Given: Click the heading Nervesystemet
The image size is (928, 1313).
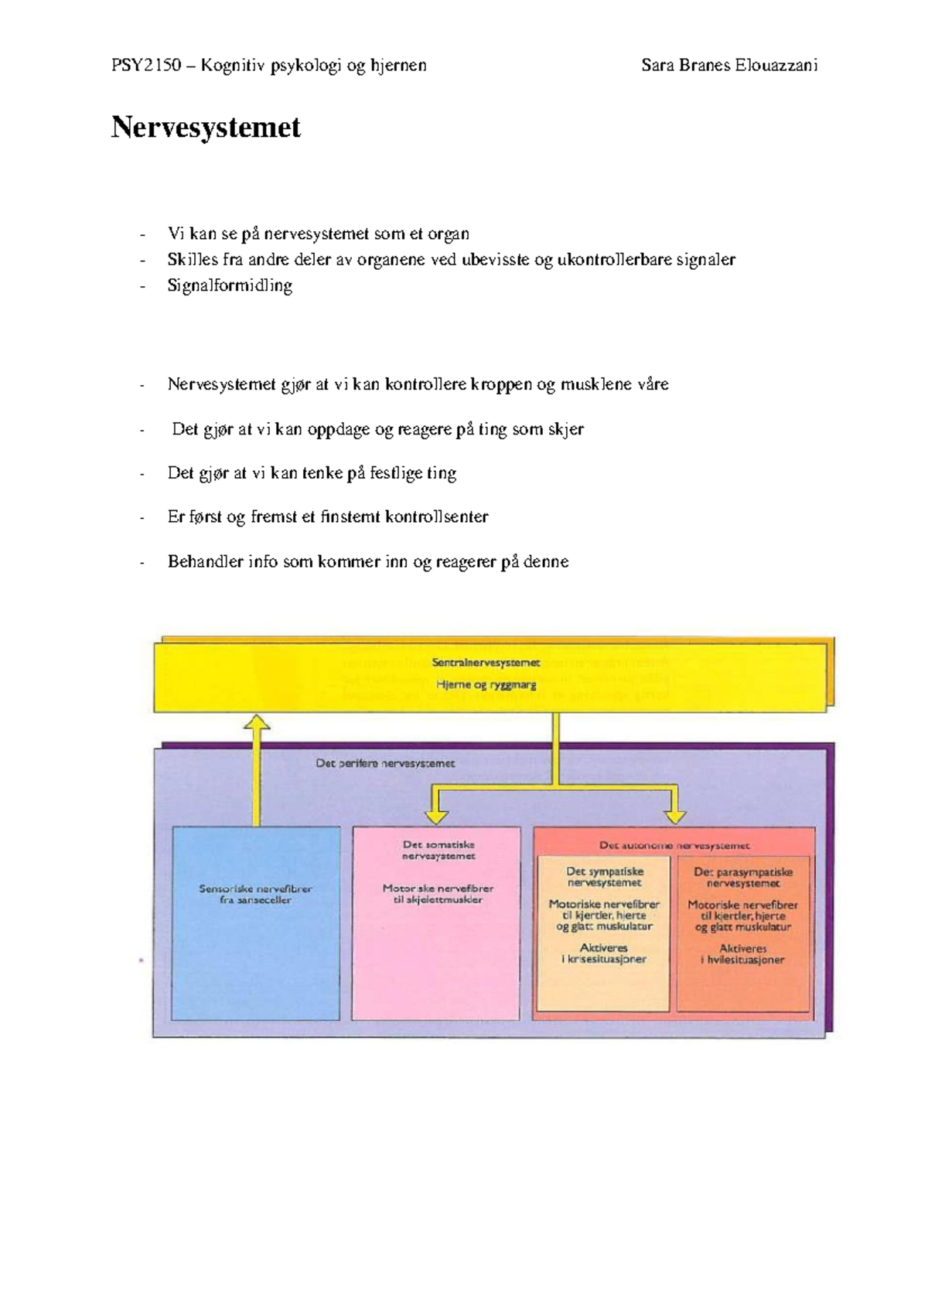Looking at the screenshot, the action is pos(206,128).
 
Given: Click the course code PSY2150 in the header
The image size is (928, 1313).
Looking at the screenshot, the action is pos(146,65).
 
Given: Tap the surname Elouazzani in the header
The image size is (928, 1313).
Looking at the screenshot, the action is pos(776,65).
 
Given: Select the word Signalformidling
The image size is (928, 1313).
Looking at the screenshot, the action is pos(230,286).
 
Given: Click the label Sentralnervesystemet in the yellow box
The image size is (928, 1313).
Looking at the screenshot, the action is pos(486,663).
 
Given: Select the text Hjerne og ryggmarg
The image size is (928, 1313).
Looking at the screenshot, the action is pos(486,684).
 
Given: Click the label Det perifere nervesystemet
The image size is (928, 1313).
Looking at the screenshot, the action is pos(385,764).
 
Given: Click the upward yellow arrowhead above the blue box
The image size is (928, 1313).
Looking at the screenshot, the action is pos(257,723).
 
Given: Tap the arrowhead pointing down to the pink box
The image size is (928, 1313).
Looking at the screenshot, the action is pos(436,817).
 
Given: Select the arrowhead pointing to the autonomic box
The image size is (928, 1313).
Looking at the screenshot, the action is pos(675,817).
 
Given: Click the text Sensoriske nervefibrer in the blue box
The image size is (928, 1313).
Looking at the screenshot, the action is pos(256,888).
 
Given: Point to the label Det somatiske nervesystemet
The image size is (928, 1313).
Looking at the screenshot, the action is pos(438,851).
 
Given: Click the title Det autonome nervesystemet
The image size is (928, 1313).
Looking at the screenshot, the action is pos(675,846).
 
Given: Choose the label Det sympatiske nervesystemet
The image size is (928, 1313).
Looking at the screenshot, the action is pos(605,877).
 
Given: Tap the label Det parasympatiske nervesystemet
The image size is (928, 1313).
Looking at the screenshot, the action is pos(743,878).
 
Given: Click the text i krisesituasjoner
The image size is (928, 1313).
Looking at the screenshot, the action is pos(604,960).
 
